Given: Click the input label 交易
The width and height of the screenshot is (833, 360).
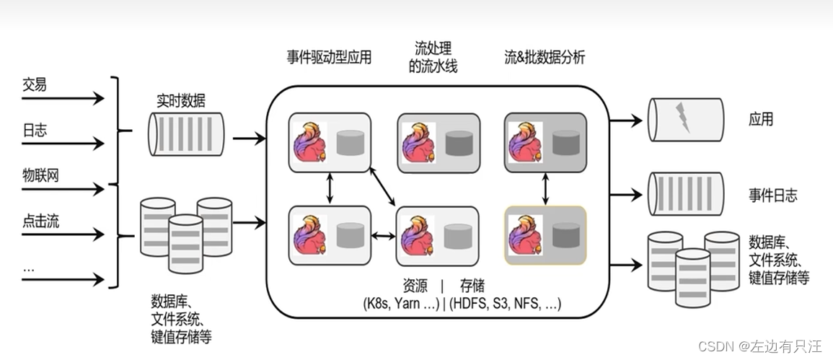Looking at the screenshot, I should pyautogui.click(x=34, y=84).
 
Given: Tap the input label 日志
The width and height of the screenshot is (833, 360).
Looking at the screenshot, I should pyautogui.click(x=34, y=130).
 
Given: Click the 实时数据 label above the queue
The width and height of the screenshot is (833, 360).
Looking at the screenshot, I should pyautogui.click(x=181, y=101).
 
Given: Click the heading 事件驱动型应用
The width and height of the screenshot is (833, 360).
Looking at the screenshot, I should pyautogui.click(x=329, y=58).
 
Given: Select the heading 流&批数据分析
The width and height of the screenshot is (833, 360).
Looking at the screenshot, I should pyautogui.click(x=545, y=58).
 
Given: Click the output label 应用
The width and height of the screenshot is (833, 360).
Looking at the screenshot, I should pyautogui.click(x=761, y=119).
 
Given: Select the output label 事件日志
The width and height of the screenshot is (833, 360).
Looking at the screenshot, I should pyautogui.click(x=773, y=196).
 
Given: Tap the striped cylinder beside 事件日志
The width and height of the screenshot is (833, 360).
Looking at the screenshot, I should pyautogui.click(x=684, y=193).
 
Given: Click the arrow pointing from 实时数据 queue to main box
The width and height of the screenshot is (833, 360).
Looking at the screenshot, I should pyautogui.click(x=248, y=138).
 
